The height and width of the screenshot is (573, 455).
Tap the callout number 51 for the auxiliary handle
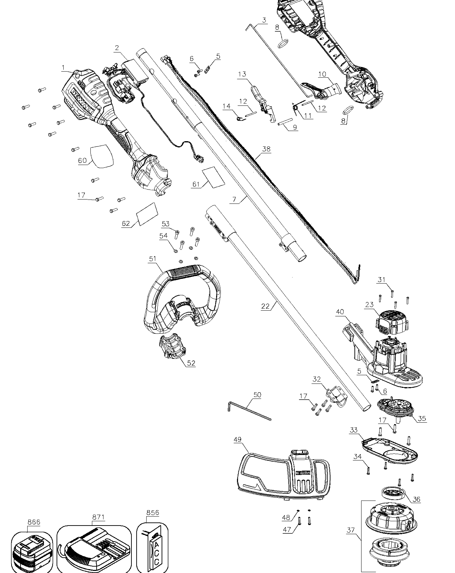tap(152, 259)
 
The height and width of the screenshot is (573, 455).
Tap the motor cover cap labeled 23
tap(392, 323)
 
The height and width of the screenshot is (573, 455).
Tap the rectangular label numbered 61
tap(214, 177)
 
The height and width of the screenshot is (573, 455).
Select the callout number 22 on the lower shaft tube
tap(265, 306)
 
